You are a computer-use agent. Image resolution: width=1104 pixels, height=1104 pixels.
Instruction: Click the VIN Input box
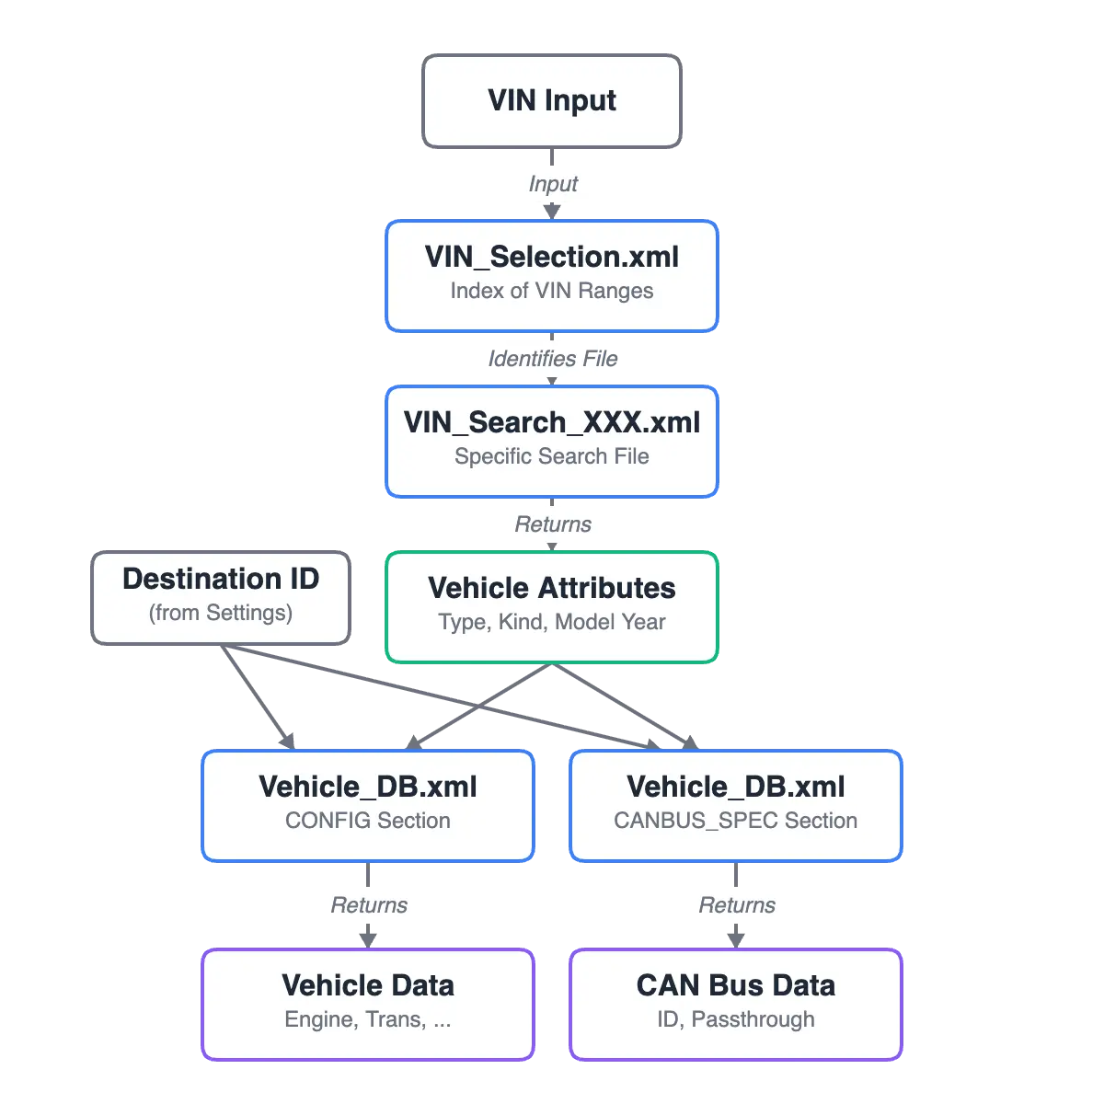coord(552,100)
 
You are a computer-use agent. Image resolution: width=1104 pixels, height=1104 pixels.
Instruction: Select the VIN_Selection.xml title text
coord(552,257)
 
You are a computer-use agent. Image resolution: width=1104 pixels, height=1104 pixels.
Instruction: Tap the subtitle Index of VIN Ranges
coord(552,291)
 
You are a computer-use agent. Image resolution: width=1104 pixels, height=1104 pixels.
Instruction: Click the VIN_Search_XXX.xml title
coord(552,422)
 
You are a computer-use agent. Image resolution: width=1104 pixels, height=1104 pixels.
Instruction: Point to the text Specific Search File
coord(552,456)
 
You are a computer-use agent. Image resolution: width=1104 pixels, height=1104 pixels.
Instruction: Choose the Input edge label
coord(552,184)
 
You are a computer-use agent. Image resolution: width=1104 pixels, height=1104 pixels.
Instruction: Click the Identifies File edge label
coord(552,358)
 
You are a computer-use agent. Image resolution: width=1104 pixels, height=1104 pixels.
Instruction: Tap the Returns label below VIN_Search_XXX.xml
coord(552,524)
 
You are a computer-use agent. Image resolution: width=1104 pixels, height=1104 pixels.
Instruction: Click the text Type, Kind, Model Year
coord(552,622)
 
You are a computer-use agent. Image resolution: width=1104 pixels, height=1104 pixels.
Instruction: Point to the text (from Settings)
coord(221,613)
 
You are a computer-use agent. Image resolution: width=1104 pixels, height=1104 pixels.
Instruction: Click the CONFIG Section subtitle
coord(368,821)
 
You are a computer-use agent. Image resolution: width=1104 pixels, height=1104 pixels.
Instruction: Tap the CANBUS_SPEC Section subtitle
coord(736,821)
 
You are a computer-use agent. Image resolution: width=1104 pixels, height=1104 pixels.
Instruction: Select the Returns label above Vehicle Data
coord(368,905)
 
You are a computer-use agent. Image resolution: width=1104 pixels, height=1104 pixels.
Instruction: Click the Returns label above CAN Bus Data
coord(736,905)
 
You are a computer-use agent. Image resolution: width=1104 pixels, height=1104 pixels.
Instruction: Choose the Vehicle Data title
coord(368,985)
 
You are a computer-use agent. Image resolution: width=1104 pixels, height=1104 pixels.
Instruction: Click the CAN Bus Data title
coord(736,985)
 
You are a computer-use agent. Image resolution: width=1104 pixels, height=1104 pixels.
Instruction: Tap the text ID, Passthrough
coord(736,1019)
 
